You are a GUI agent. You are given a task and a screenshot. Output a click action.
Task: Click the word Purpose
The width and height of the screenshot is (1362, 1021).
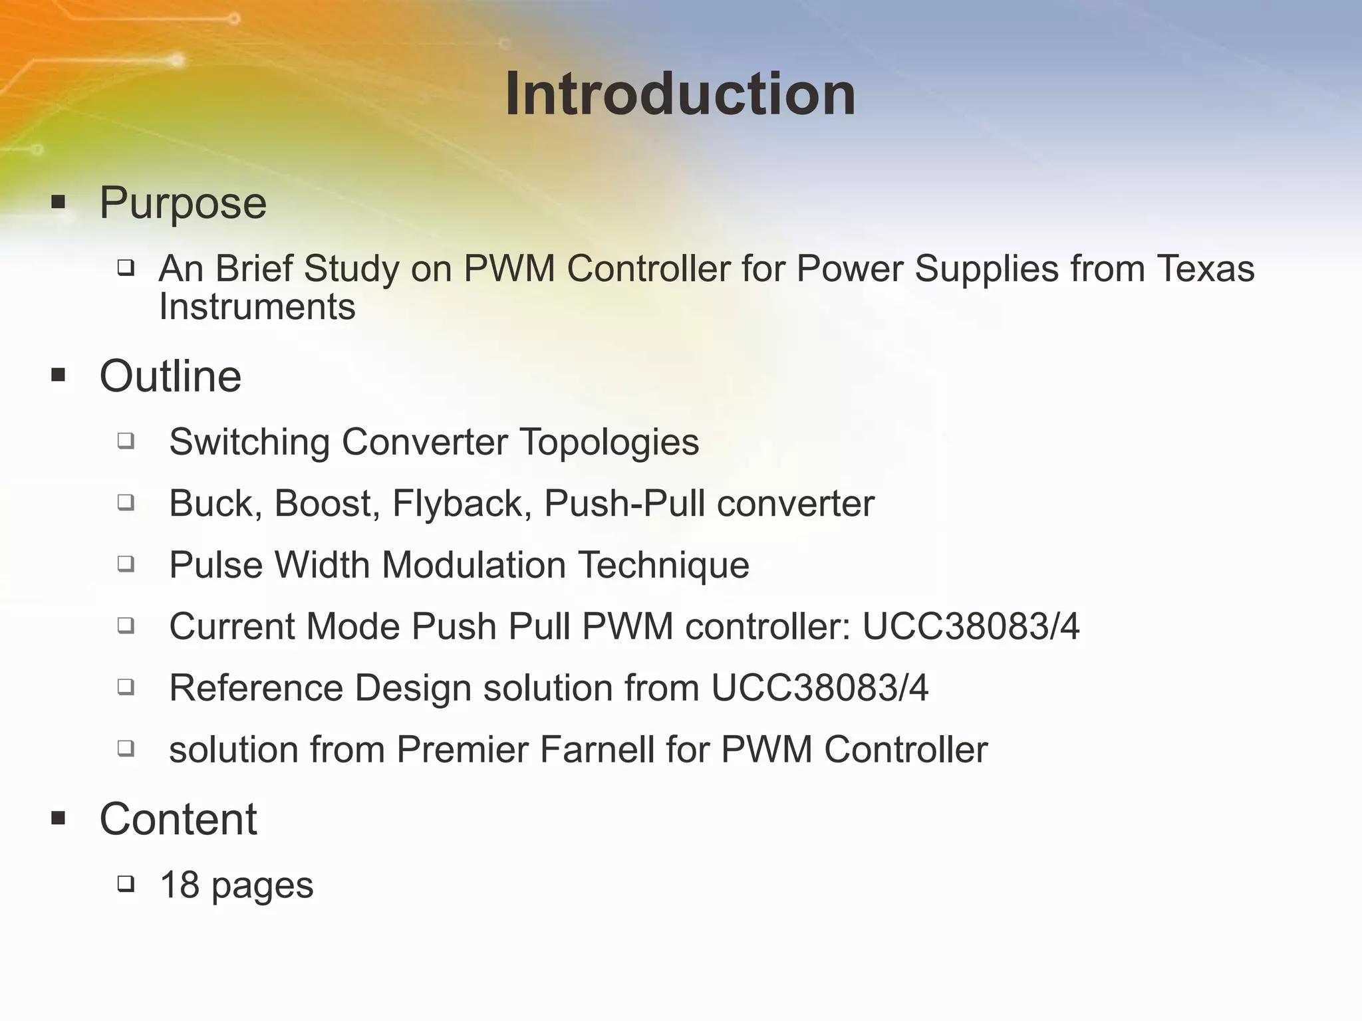(183, 203)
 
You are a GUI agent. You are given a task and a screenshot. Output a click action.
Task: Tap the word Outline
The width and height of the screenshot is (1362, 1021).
(170, 376)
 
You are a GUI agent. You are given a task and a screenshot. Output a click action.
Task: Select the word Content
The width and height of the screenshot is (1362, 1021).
(178, 819)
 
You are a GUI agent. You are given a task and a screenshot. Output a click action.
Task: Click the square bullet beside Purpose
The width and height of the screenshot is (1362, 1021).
(59, 202)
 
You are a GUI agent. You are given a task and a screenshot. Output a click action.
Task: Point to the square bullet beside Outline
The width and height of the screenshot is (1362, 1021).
(59, 376)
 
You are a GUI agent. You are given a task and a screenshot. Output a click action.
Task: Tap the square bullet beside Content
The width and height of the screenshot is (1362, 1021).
(59, 818)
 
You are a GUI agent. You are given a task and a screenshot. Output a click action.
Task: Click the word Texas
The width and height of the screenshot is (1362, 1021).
(1205, 269)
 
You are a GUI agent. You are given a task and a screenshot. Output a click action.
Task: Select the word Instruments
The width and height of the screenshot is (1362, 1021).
(257, 306)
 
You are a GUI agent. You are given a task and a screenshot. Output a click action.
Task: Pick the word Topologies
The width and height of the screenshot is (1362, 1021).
(609, 442)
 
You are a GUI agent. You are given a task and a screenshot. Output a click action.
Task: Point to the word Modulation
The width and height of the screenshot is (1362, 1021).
(474, 565)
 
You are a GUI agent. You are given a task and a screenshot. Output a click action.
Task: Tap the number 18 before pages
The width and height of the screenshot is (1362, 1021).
(180, 885)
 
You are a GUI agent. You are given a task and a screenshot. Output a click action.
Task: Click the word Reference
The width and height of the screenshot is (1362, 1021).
(256, 688)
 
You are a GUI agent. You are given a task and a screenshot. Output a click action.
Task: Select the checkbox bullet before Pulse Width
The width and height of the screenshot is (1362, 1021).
(126, 564)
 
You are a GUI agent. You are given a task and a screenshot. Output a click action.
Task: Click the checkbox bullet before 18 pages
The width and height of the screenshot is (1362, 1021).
(126, 884)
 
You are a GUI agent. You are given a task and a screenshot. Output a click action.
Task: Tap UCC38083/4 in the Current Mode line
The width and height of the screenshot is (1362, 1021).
(970, 627)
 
